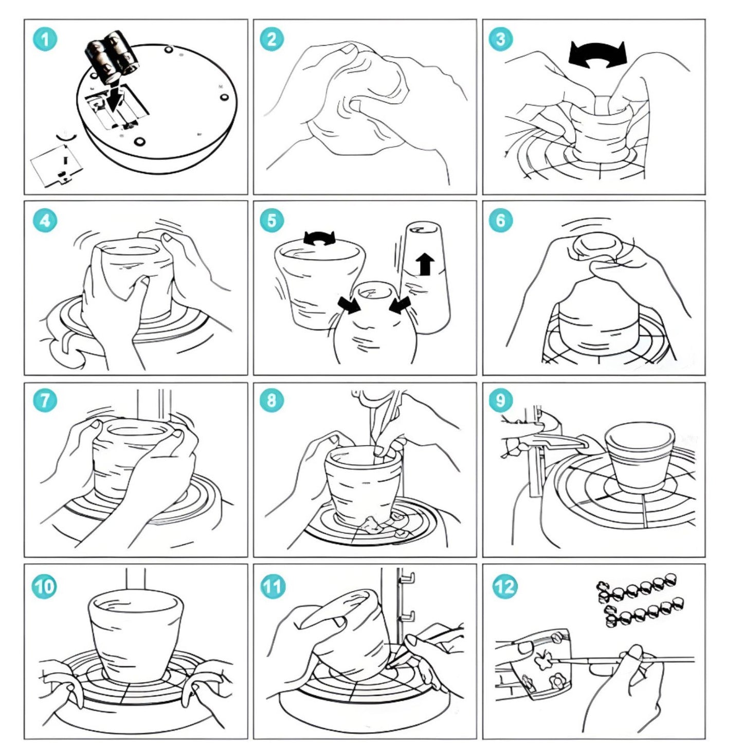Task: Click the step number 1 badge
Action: click(x=45, y=40)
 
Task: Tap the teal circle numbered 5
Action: click(x=271, y=221)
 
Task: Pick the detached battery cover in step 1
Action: click(x=57, y=165)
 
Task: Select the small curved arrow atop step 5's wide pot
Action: click(x=320, y=238)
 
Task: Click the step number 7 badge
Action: click(x=44, y=401)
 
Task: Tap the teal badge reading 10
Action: click(x=44, y=587)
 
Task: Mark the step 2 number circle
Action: click(x=271, y=40)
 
